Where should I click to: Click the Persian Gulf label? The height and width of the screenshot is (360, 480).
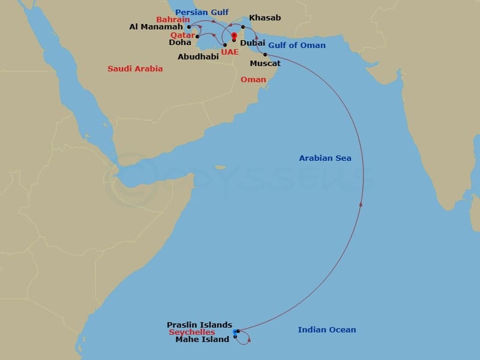click(202, 12)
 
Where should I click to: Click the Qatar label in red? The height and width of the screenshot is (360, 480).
click(182, 35)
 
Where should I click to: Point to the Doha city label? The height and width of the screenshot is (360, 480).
click(180, 43)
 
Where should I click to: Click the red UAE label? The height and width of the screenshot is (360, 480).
click(229, 52)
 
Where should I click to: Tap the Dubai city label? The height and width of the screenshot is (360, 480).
click(252, 43)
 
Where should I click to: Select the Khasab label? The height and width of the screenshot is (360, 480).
click(265, 18)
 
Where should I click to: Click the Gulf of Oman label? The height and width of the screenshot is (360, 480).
click(297, 46)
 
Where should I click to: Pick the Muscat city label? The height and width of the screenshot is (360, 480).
click(265, 63)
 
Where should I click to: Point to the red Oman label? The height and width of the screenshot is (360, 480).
click(253, 80)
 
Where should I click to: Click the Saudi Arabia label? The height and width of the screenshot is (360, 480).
click(135, 69)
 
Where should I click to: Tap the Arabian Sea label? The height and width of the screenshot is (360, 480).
click(325, 158)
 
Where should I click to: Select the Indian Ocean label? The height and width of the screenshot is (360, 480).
click(327, 330)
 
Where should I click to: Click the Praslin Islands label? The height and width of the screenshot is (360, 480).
click(199, 325)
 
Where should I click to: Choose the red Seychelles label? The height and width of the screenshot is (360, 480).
click(191, 332)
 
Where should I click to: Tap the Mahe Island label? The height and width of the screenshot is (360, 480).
click(202, 340)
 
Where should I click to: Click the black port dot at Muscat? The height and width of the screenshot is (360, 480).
click(265, 55)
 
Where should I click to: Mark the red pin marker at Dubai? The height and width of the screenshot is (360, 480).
click(234, 35)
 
